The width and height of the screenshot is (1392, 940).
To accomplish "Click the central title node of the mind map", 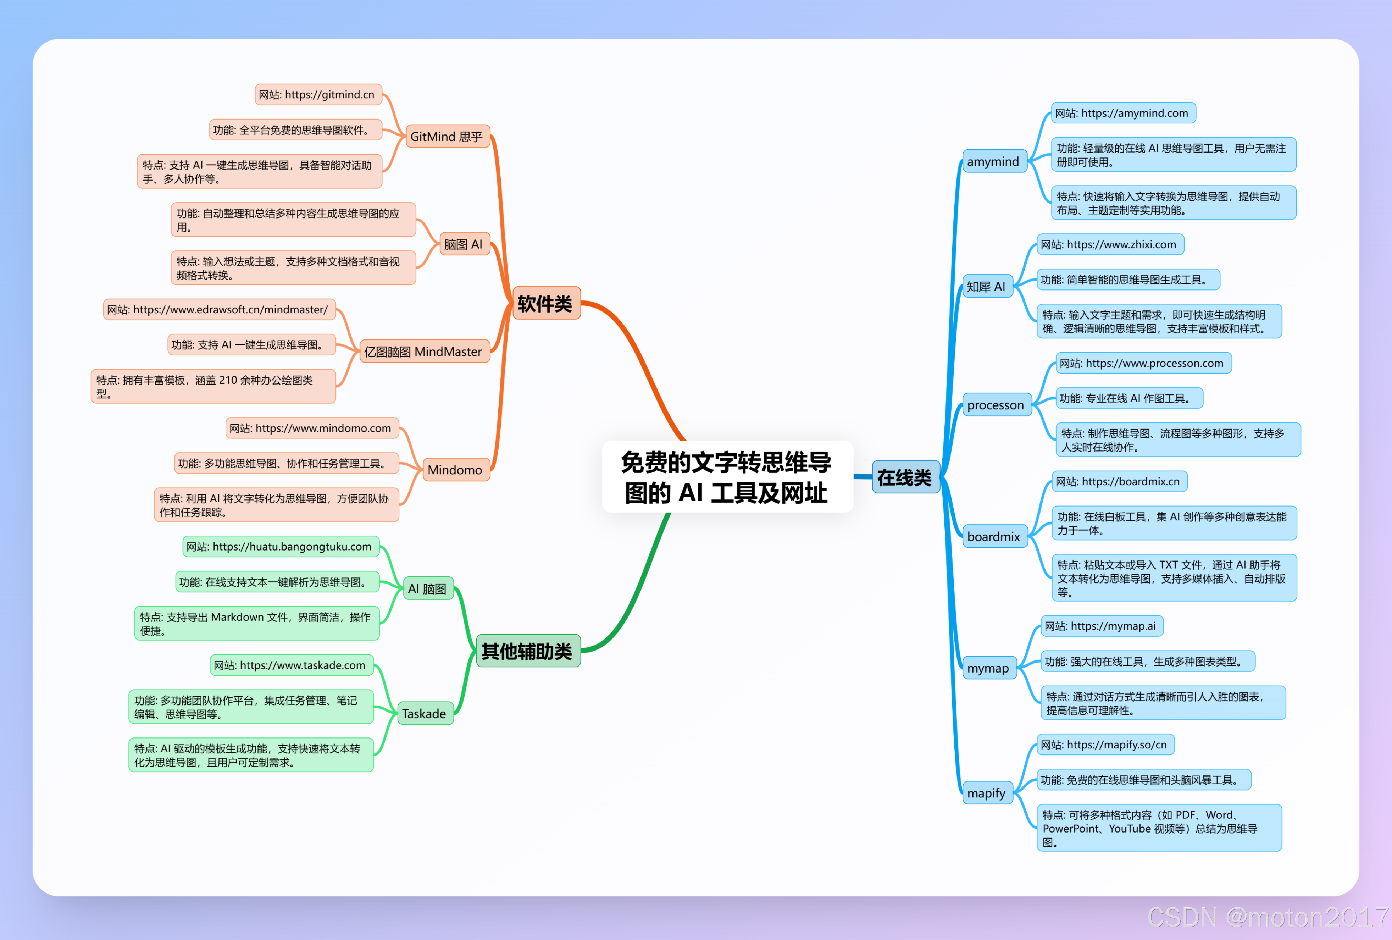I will pos(727,477).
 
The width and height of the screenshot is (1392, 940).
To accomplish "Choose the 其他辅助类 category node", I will pos(527,651).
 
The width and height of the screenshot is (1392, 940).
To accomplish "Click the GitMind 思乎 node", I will pos(447,137).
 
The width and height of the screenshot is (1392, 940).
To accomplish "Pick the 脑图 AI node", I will pos(464,244).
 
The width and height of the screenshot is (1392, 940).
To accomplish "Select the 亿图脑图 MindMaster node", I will pos(423,352).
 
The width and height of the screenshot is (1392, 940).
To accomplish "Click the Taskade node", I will pos(424,714).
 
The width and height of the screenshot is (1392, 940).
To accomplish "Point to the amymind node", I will pos(993,161).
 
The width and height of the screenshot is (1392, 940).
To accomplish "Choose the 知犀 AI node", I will pos(987,286).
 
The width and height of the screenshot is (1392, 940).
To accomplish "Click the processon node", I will pos(996,405).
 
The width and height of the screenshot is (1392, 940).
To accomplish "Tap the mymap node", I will pos(988,668).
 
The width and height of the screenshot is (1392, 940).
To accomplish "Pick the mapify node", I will pos(987,793).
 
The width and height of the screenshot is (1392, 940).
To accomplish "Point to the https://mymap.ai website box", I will pos(1101,626).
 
